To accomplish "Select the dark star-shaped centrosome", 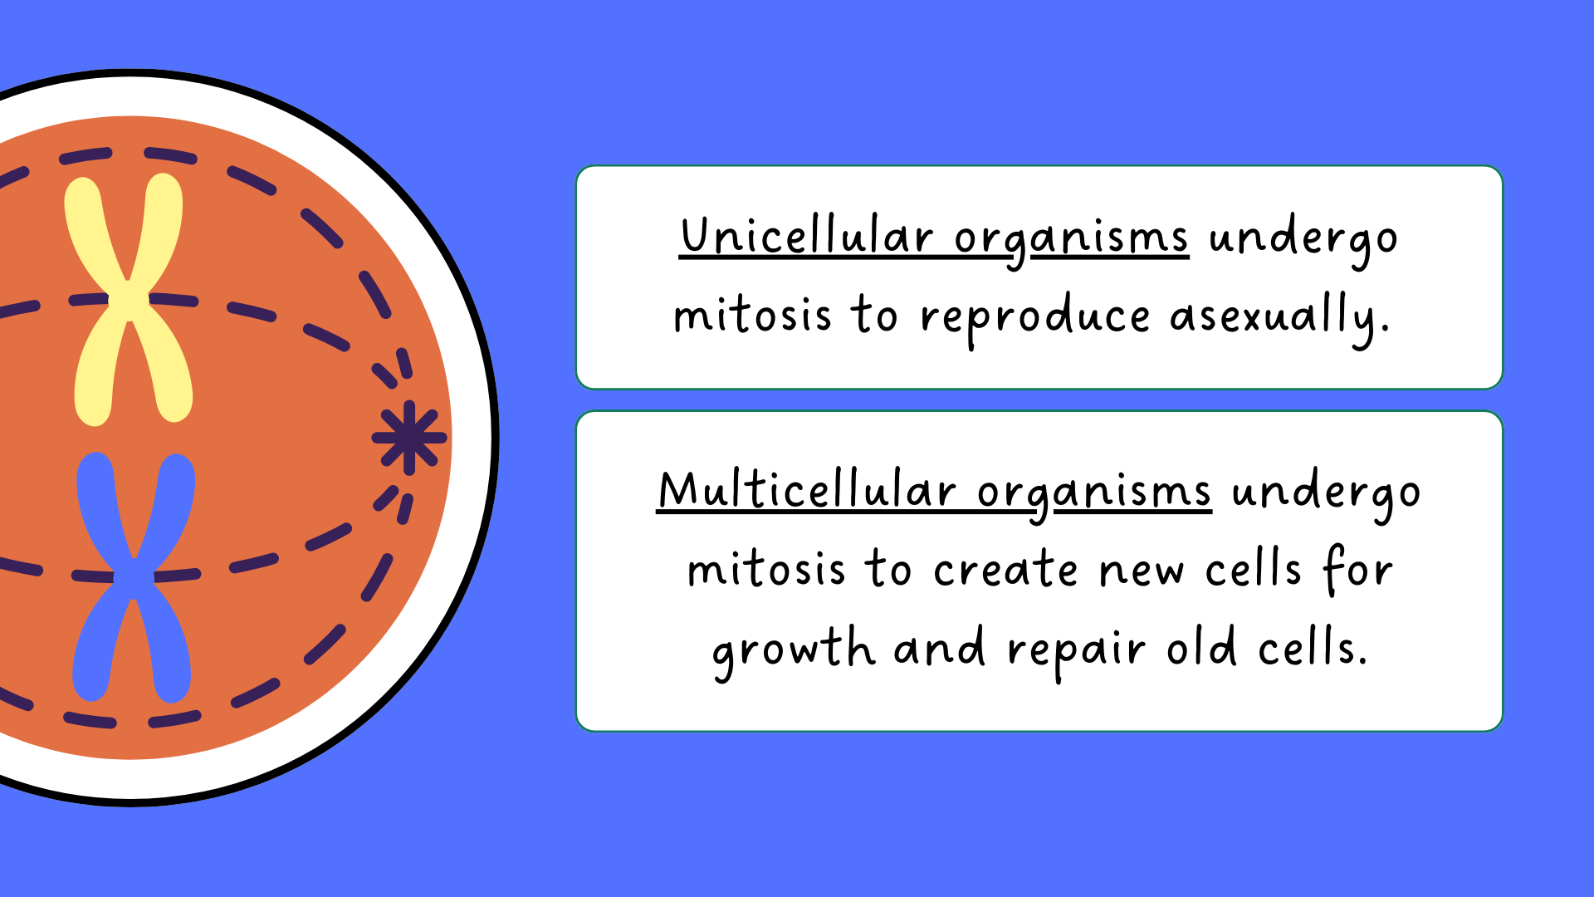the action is click(x=409, y=438).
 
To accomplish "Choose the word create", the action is click(x=1005, y=570).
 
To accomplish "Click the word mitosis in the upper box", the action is click(x=752, y=316).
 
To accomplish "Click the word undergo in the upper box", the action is click(x=1303, y=239).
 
